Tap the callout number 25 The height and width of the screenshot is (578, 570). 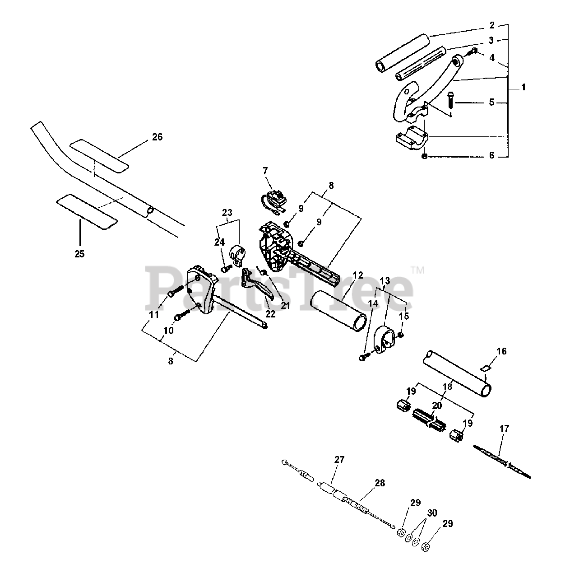(79, 254)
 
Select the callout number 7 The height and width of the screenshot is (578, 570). (265, 171)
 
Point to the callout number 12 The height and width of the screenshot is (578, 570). (358, 275)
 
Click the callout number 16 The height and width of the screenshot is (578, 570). (501, 351)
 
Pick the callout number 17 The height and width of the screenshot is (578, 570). (505, 429)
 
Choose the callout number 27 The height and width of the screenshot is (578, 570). (339, 460)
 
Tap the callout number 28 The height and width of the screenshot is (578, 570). (380, 483)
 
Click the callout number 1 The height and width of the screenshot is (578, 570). (524, 88)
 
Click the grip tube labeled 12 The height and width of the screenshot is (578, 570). (338, 311)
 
